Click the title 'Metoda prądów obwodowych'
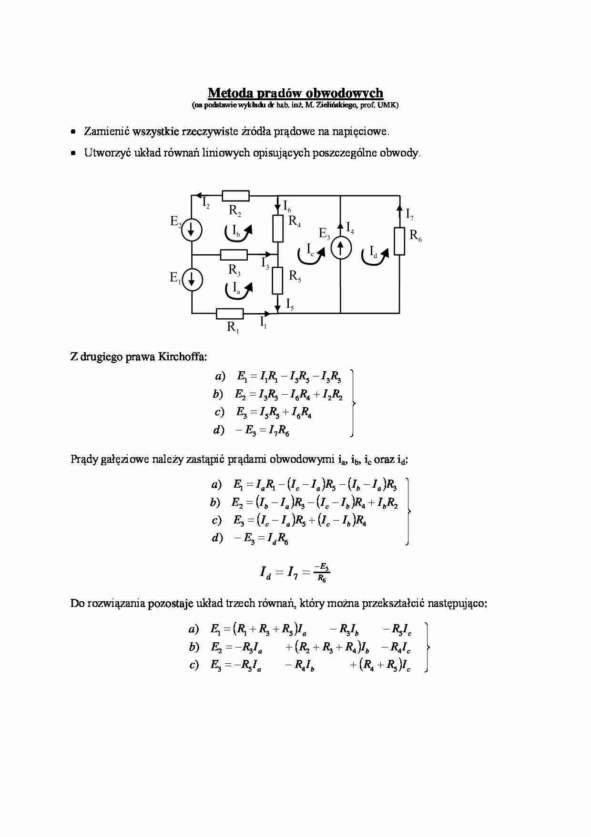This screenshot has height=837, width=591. click(295, 93)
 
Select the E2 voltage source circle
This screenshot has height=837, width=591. click(192, 230)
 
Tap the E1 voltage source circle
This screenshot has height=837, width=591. click(192, 279)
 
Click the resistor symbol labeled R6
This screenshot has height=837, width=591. click(399, 241)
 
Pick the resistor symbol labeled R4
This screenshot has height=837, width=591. click(278, 229)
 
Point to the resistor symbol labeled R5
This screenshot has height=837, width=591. click(278, 281)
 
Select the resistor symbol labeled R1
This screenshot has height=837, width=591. click(230, 314)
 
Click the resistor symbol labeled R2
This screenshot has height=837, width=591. click(235, 196)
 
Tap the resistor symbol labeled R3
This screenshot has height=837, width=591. click(234, 255)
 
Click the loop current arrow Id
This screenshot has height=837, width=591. click(375, 254)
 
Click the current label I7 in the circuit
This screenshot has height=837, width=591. click(409, 214)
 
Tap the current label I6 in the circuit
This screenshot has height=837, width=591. click(287, 206)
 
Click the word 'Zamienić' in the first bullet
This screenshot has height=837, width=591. click(107, 131)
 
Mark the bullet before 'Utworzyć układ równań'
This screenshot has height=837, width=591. click(73, 153)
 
